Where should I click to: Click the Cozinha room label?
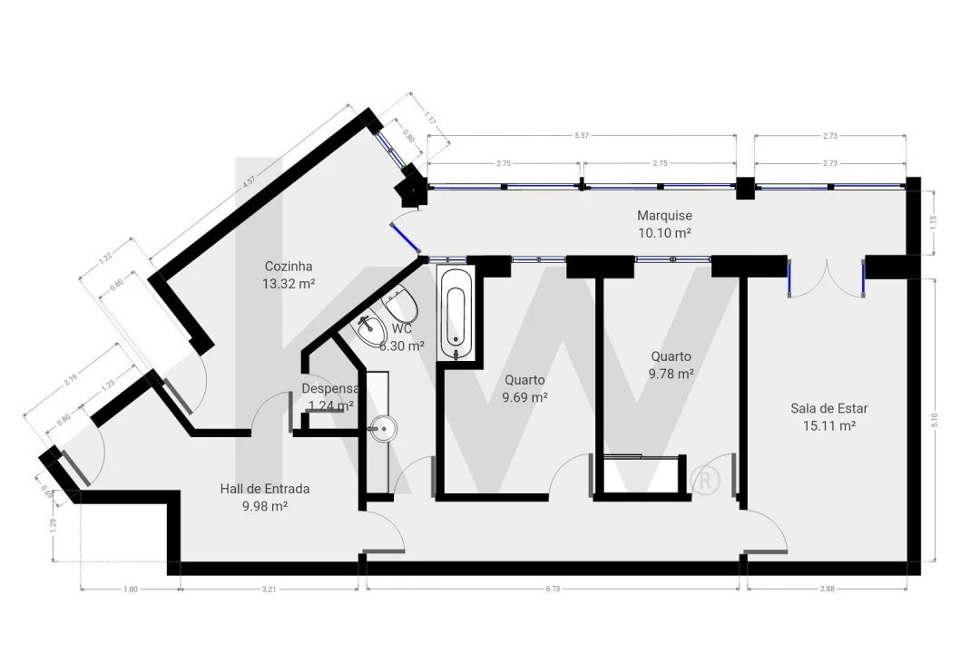289,267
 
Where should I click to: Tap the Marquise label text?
664,216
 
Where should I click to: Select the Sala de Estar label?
829,408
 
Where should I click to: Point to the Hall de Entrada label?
264,489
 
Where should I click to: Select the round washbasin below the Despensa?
385,428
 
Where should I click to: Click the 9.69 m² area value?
524,397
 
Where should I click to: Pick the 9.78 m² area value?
671,373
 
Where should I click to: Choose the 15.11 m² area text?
829,424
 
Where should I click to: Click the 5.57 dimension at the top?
582,135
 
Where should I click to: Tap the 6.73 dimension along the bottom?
552,589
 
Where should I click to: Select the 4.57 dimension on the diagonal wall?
248,180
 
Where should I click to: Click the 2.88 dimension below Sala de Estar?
827,589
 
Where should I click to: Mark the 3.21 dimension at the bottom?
269,589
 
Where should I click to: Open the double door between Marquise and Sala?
826,277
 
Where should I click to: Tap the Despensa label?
329,389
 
